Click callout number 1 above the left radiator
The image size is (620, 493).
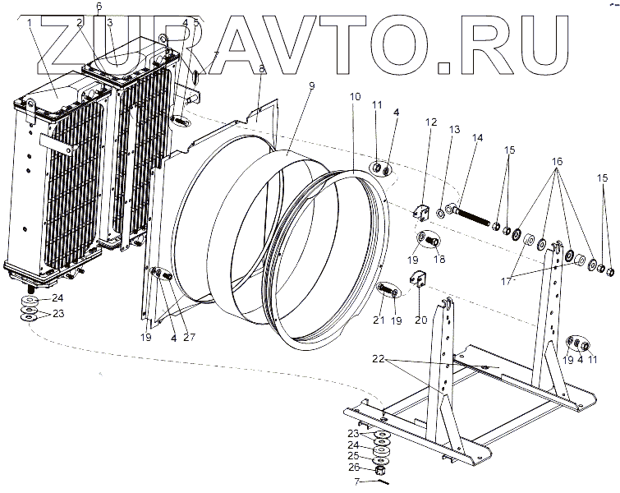[x=30, y=22]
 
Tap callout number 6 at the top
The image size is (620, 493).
[x=99, y=7]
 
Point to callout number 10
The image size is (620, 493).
[x=354, y=97]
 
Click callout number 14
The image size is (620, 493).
[x=478, y=138]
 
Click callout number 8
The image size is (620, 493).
[x=261, y=69]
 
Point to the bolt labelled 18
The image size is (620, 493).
[x=433, y=242]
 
